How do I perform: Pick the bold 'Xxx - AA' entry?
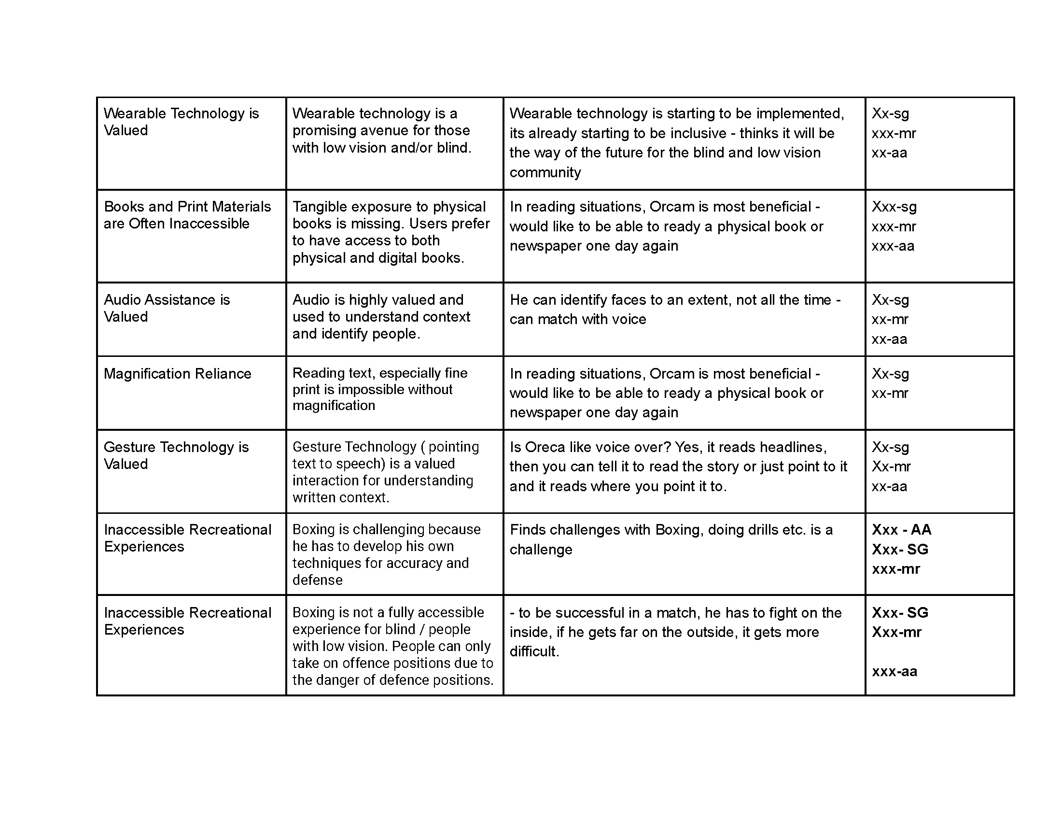[901, 529]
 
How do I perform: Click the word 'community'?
[545, 172]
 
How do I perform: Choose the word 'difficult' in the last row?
[533, 651]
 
